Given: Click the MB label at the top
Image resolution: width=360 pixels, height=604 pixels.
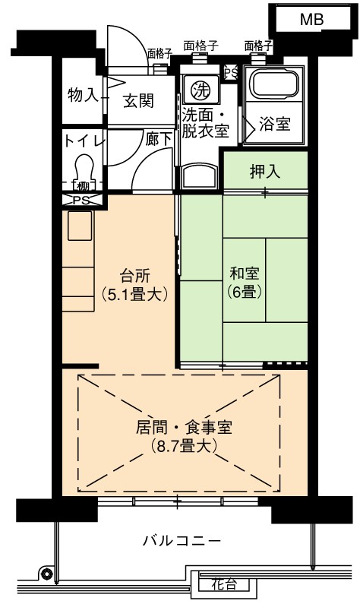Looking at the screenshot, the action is coord(311,19).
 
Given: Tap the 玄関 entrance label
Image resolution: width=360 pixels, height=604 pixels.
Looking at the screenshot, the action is coord(139,101).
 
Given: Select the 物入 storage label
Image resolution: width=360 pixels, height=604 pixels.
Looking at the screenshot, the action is coord(83,95).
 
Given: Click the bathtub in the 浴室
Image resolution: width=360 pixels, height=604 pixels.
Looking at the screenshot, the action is coord(273,84).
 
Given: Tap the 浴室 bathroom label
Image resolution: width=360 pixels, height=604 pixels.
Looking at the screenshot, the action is coord(274,124).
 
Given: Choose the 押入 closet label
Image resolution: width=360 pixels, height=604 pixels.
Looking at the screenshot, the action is coord(265,172).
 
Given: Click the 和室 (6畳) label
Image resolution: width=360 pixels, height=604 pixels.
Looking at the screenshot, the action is coord(245,283).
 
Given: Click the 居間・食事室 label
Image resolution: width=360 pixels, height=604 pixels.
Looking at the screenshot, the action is coord(184,428).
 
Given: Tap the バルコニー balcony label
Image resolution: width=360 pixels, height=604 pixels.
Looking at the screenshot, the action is coord(182,540).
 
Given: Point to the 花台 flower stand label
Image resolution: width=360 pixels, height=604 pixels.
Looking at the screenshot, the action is coord(224,584).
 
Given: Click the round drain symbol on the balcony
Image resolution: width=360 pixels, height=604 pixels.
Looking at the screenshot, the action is coord(47,574).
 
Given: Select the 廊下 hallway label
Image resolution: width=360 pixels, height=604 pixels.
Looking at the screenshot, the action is coord(158,139).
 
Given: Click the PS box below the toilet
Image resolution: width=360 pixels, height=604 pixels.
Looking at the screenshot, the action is coord(82,200).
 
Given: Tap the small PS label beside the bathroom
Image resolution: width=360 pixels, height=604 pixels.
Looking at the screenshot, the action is coord(231,72).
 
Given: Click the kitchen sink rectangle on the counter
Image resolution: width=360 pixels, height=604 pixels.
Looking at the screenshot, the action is coord(80,226).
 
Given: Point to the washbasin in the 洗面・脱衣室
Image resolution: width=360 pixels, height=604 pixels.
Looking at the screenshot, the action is coord(199,176).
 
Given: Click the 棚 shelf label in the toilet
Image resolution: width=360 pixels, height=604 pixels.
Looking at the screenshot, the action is coord(82,187).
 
